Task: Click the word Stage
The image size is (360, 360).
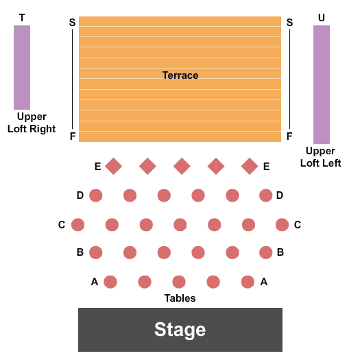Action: pyautogui.click(x=180, y=330)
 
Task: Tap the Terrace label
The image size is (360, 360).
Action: pyautogui.click(x=180, y=75)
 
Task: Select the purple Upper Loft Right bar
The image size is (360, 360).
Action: pyautogui.click(x=22, y=67)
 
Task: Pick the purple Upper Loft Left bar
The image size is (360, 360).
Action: pyautogui.click(x=322, y=84)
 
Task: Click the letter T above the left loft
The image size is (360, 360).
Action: pyautogui.click(x=22, y=18)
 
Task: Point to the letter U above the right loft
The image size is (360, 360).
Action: pyautogui.click(x=322, y=18)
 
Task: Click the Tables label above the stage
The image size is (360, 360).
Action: pyautogui.click(x=180, y=298)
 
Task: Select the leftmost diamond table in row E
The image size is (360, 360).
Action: pyautogui.click(x=113, y=166)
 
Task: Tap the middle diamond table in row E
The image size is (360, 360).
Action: pyautogui.click(x=182, y=166)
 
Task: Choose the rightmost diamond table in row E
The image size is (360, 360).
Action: pyautogui.click(x=250, y=166)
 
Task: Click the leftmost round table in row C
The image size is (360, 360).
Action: pyautogui.click(x=78, y=224)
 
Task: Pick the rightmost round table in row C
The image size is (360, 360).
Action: pyautogui.click(x=282, y=224)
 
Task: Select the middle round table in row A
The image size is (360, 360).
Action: pyautogui.click(x=179, y=282)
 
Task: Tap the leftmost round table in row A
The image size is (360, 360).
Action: pyautogui.click(x=110, y=282)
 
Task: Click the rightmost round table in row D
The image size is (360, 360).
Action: pyautogui.click(x=266, y=195)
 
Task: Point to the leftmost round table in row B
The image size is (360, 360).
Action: pyautogui.click(x=96, y=252)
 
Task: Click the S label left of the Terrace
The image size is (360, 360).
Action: pyautogui.click(x=72, y=22)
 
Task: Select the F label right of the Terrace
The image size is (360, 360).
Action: pyautogui.click(x=289, y=136)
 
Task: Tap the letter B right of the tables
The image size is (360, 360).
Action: pyautogui.click(x=280, y=252)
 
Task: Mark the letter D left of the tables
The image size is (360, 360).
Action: pyautogui.click(x=80, y=195)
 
